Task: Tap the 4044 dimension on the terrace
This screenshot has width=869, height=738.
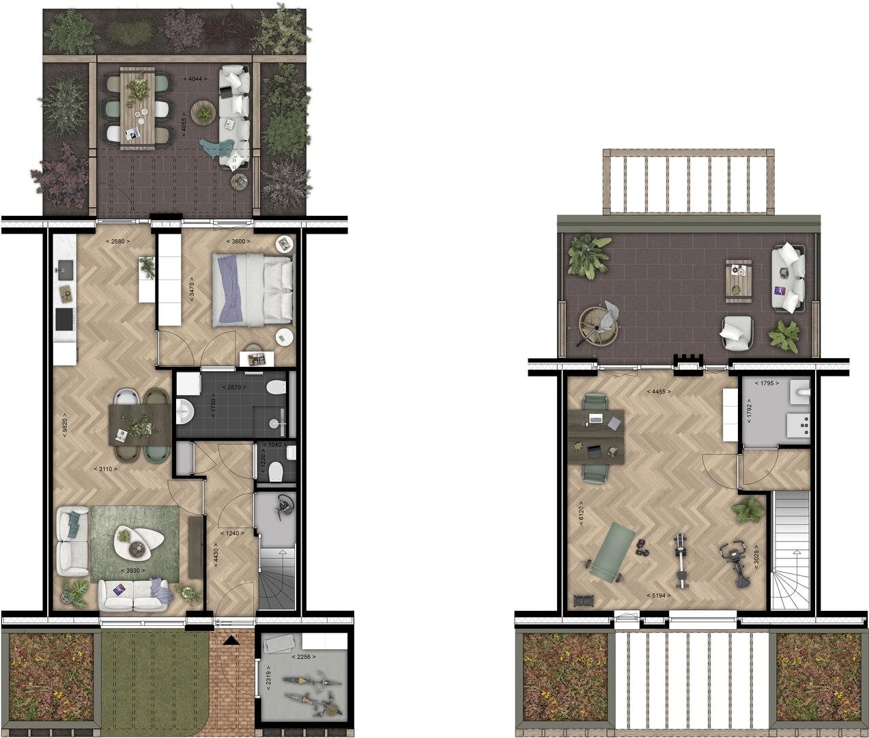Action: pyautogui.click(x=195, y=79)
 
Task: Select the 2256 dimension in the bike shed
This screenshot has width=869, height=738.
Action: pyautogui.click(x=304, y=657)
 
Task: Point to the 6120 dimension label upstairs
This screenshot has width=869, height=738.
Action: pyautogui.click(x=582, y=510)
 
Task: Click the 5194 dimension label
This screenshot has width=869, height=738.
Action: pyautogui.click(x=659, y=595)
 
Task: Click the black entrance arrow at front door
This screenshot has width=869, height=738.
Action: pyautogui.click(x=231, y=641)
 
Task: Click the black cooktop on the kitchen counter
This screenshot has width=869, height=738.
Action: pyautogui.click(x=65, y=319)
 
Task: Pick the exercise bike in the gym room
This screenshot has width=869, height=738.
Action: pyautogui.click(x=735, y=563)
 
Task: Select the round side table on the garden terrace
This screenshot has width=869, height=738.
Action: pyautogui.click(x=203, y=112)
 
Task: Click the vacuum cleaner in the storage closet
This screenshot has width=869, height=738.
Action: pyautogui.click(x=285, y=506)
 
